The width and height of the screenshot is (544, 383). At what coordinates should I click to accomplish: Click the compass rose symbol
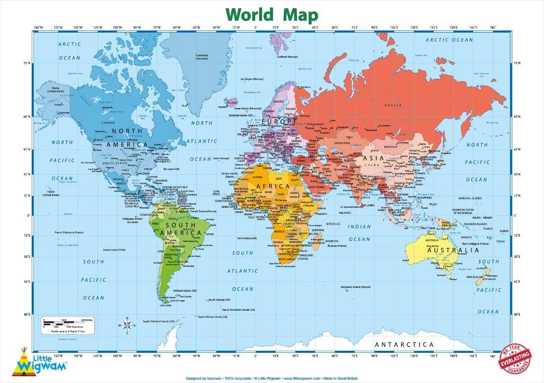click(127, 325)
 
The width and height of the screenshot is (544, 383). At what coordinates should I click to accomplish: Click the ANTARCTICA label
click(404, 344)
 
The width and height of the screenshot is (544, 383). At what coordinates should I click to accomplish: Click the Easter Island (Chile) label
click(115, 250)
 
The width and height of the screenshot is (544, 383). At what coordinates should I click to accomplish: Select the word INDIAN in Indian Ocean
click(359, 227)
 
